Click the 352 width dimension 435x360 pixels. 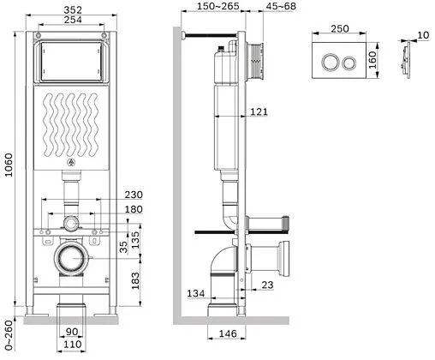[73, 9]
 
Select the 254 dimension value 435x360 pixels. [73, 20]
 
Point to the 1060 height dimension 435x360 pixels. [9, 165]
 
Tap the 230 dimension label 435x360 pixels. [134, 195]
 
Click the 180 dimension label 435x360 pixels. [134, 209]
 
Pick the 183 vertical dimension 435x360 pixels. [135, 281]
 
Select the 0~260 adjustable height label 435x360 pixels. [9, 335]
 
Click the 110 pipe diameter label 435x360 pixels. [73, 345]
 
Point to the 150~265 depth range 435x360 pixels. [218, 6]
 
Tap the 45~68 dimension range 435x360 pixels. [281, 6]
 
